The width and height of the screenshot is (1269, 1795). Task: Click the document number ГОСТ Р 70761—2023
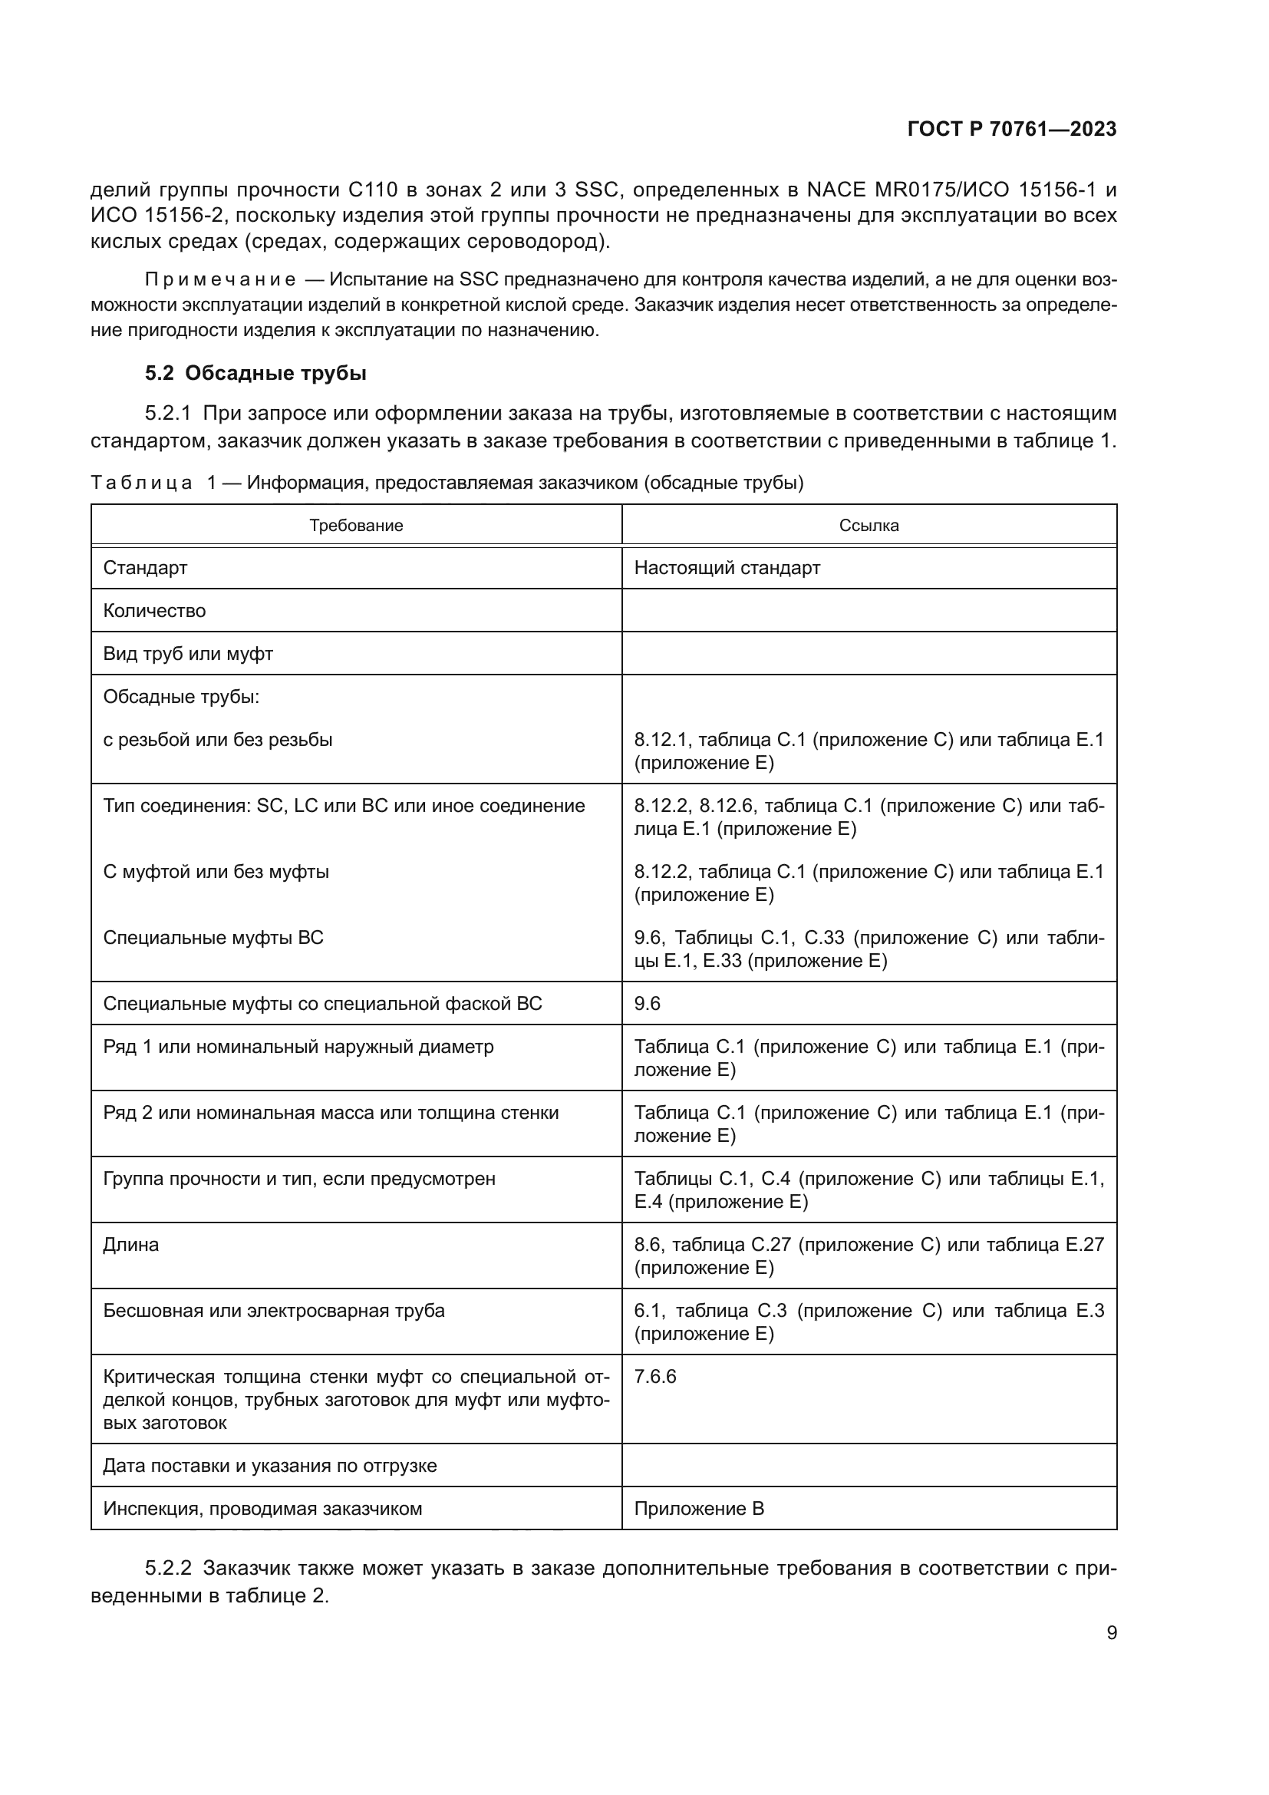tap(1011, 130)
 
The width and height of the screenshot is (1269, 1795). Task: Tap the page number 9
tap(1111, 1632)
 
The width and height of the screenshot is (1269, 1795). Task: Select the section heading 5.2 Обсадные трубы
tap(255, 373)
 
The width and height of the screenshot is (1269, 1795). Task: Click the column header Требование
tap(355, 526)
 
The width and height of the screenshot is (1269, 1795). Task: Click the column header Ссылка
tap(869, 526)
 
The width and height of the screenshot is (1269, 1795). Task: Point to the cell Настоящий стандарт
tap(727, 568)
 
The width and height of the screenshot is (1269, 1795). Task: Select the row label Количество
tap(155, 611)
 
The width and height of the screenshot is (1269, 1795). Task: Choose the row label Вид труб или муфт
tap(187, 654)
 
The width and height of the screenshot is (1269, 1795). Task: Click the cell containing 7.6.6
tap(654, 1376)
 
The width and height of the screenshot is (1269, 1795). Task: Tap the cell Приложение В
tap(699, 1508)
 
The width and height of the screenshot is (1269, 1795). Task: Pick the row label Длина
tap(130, 1244)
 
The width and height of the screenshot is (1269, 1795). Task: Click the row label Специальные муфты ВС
tap(213, 937)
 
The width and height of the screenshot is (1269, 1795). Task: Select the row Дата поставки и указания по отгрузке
tap(269, 1465)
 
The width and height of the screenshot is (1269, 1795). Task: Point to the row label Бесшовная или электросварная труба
tap(273, 1310)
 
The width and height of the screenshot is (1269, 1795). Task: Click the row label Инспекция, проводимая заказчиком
tap(262, 1508)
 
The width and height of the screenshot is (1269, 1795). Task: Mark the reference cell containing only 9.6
tap(647, 1003)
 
